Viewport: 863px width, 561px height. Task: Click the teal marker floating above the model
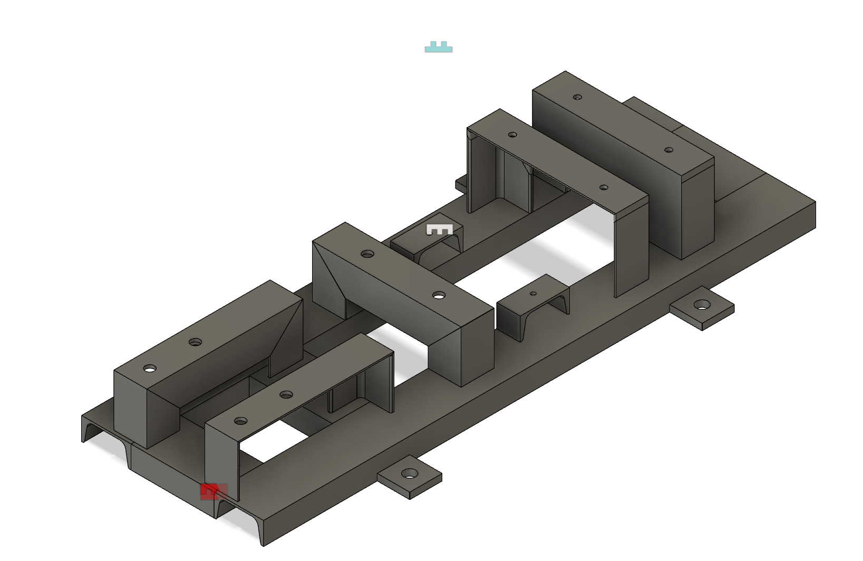439,47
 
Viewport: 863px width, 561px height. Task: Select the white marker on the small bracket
439,229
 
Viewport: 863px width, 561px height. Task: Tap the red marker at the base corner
213,491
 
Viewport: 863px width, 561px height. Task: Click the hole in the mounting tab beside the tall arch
701,304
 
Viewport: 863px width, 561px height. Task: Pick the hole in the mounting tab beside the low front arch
410,473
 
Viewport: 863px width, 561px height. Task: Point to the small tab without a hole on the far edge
461,184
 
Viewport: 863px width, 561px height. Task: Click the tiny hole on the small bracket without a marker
533,294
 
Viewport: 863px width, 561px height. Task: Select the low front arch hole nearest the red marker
240,421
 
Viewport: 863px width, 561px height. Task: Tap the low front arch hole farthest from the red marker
286,394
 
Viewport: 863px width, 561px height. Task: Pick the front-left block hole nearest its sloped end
195,342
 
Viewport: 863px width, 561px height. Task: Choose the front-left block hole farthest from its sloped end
150,368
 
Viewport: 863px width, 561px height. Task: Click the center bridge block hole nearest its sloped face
367,254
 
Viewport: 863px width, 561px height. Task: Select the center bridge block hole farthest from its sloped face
439,295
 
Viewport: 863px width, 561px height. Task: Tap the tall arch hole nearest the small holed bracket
604,187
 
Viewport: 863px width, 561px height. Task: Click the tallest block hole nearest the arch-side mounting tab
668,150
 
